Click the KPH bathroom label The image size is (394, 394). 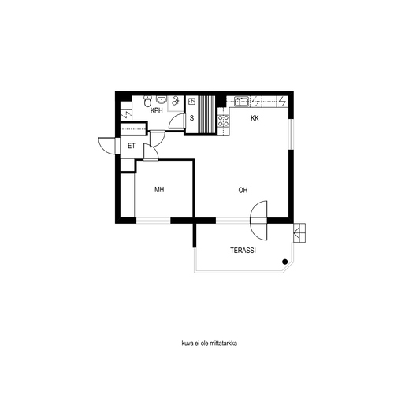pyautogui.click(x=157, y=110)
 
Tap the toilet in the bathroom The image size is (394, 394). pyautogui.click(x=148, y=101)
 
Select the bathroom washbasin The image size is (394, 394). pyautogui.click(x=162, y=99)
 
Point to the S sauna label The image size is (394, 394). pyautogui.click(x=191, y=118)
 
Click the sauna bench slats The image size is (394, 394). pyautogui.click(x=206, y=115)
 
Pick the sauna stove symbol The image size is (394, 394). pyautogui.click(x=192, y=102)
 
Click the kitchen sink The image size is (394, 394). pyautogui.click(x=241, y=102)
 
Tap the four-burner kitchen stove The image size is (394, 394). pyautogui.click(x=223, y=121)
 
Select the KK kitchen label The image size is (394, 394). pyautogui.click(x=255, y=118)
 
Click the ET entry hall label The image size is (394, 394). pyautogui.click(x=132, y=146)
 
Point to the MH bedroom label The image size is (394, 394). pyautogui.click(x=159, y=189)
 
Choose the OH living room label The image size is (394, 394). pyautogui.click(x=243, y=190)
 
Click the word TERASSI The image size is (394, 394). pyautogui.click(x=243, y=251)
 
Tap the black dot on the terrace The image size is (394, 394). pyautogui.click(x=284, y=262)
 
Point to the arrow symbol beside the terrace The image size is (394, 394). pyautogui.click(x=299, y=232)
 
